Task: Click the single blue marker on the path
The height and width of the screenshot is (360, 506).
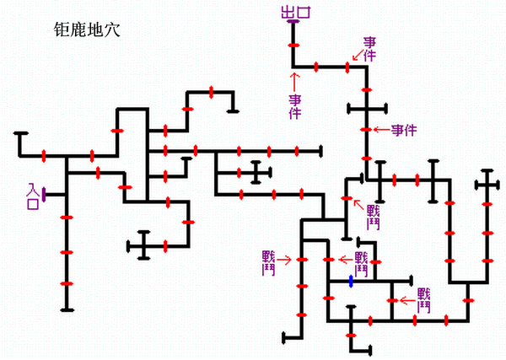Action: point(352,281)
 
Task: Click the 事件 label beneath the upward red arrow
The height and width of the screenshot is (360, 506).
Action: point(294,106)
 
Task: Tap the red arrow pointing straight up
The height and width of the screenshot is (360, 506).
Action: point(293,81)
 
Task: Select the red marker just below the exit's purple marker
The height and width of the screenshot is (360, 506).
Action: point(293,45)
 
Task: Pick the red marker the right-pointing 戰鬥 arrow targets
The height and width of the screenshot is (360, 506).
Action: point(302,260)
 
